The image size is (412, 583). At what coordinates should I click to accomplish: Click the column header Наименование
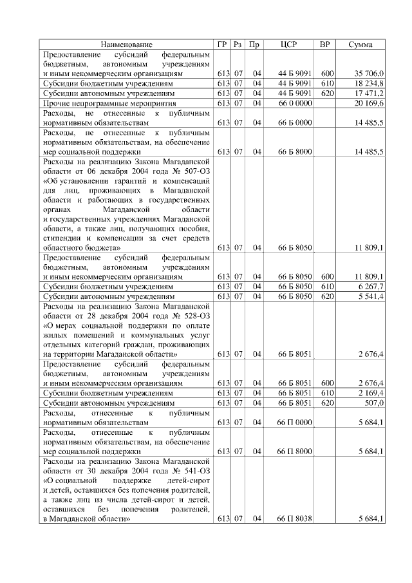click(127, 44)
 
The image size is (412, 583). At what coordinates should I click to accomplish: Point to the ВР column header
click(325, 44)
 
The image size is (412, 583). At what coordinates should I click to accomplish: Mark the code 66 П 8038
click(295, 519)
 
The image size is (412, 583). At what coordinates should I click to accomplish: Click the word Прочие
click(55, 103)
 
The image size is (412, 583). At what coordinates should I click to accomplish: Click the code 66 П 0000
click(295, 422)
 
